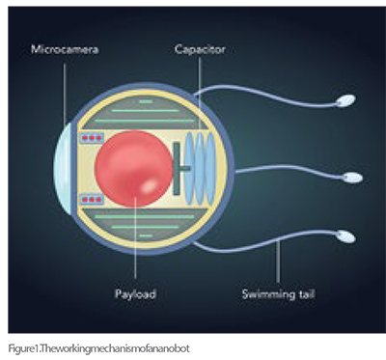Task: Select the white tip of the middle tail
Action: click(x=354, y=178)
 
